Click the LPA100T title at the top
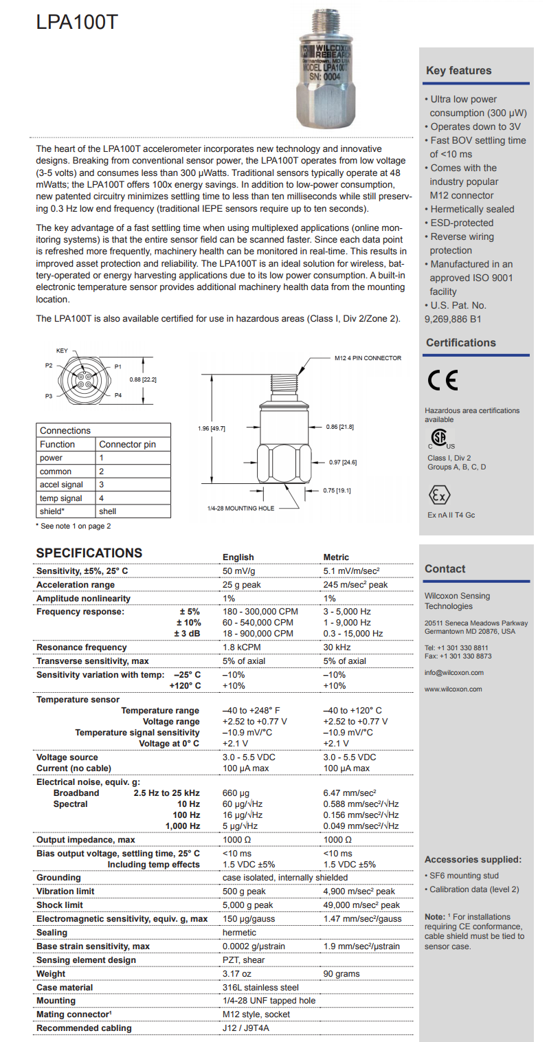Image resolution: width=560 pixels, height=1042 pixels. (77, 23)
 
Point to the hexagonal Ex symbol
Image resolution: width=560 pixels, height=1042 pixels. (439, 496)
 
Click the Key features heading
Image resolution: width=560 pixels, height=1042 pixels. (458, 70)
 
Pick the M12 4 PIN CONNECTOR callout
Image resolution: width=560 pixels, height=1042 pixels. (368, 358)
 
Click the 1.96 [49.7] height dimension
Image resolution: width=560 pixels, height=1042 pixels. (211, 428)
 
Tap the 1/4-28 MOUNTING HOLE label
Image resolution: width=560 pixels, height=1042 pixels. (240, 508)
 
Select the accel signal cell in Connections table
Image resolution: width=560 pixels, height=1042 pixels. (61, 485)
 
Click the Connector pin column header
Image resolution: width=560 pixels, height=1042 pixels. (127, 444)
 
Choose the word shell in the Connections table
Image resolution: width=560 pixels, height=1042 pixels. (108, 511)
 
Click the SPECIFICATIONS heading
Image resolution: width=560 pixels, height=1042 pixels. (89, 553)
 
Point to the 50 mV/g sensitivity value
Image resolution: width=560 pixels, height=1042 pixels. (240, 571)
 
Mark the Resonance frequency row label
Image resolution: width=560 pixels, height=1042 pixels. (82, 647)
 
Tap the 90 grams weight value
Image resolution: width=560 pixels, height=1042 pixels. (341, 973)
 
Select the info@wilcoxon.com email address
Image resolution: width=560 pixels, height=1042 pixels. (453, 672)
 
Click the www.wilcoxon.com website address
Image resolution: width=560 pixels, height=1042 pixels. (453, 689)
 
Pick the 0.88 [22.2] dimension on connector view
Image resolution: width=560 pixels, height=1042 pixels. (143, 379)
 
